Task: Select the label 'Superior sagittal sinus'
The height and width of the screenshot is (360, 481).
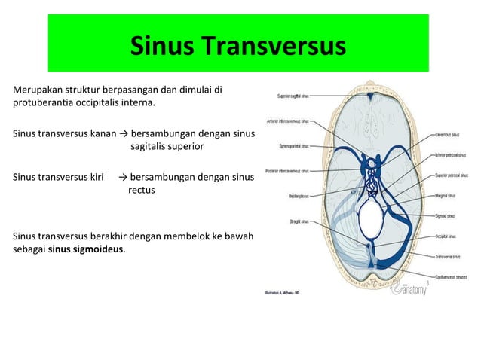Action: click(x=298, y=96)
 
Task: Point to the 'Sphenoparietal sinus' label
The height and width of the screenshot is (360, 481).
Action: click(x=295, y=146)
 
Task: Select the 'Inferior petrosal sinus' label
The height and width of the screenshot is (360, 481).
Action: click(x=452, y=155)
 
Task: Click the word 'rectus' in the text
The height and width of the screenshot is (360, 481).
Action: click(x=141, y=191)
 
